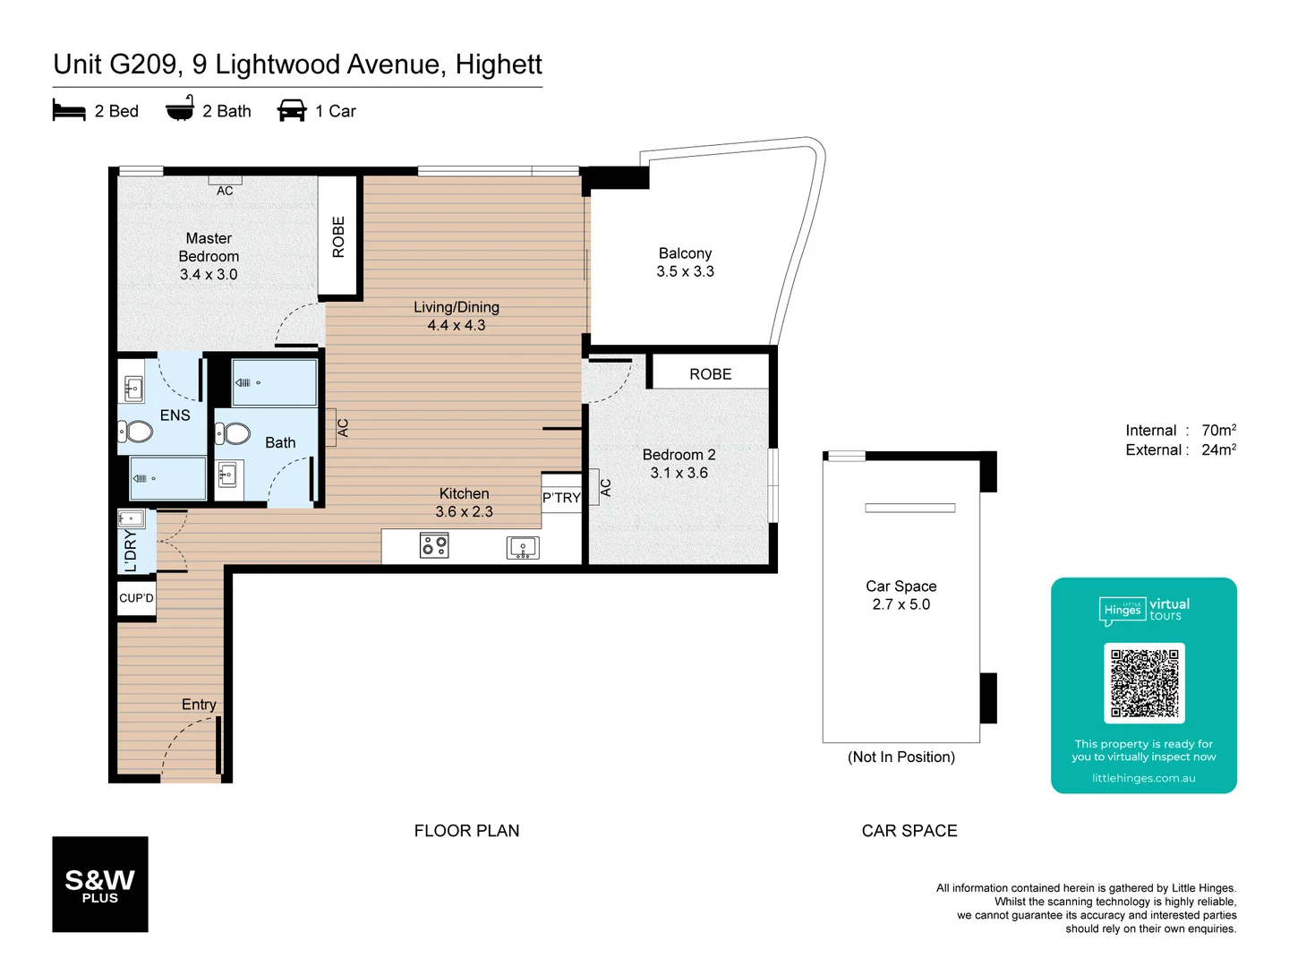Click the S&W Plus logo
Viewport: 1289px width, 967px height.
(100, 885)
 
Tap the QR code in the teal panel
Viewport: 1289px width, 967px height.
(1144, 683)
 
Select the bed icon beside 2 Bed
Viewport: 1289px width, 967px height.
(69, 111)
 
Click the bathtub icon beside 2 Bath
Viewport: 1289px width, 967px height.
(180, 109)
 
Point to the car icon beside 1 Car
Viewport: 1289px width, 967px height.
(292, 111)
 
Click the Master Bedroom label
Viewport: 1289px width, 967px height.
(209, 256)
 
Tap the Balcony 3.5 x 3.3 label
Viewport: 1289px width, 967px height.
(685, 262)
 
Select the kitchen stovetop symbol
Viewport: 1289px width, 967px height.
(434, 545)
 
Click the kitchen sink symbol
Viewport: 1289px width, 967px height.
(523, 547)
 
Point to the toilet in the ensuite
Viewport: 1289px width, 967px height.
(136, 432)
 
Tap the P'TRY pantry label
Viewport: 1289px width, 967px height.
(561, 498)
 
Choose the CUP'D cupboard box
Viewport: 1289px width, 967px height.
(136, 598)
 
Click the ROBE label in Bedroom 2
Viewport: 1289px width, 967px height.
(710, 374)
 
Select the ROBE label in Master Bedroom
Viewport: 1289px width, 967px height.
(338, 237)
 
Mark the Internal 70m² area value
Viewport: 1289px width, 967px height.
(1218, 431)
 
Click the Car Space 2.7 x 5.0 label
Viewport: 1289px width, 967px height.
(901, 595)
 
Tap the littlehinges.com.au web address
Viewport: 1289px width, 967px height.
(1143, 778)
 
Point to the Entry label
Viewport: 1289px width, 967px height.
(199, 705)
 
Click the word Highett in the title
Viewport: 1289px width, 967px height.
(499, 64)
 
